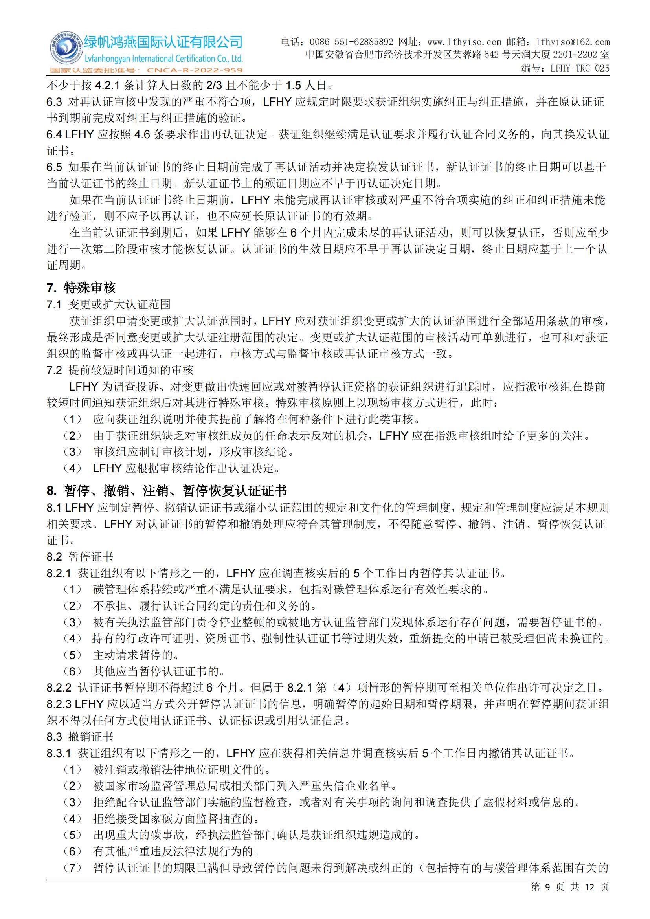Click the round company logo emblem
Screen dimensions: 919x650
(x=65, y=50)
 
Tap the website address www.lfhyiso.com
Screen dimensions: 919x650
(x=464, y=42)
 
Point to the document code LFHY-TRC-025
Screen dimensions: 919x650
(x=580, y=68)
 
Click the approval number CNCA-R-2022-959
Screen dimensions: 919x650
(x=195, y=70)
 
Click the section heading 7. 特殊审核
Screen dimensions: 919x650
(x=81, y=287)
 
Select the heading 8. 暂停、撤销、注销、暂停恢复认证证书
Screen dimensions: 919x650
(x=167, y=491)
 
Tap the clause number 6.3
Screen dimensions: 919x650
(x=55, y=102)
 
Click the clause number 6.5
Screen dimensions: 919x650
(x=55, y=167)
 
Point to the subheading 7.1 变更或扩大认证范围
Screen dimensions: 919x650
(x=108, y=304)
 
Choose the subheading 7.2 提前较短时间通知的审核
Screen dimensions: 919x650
(x=120, y=370)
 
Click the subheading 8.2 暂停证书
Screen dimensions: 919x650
(x=80, y=557)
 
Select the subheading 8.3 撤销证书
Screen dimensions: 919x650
(x=80, y=736)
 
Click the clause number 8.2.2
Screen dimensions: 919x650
(x=59, y=688)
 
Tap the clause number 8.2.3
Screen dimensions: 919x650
(x=59, y=704)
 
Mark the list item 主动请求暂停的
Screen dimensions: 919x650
(x=136, y=655)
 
